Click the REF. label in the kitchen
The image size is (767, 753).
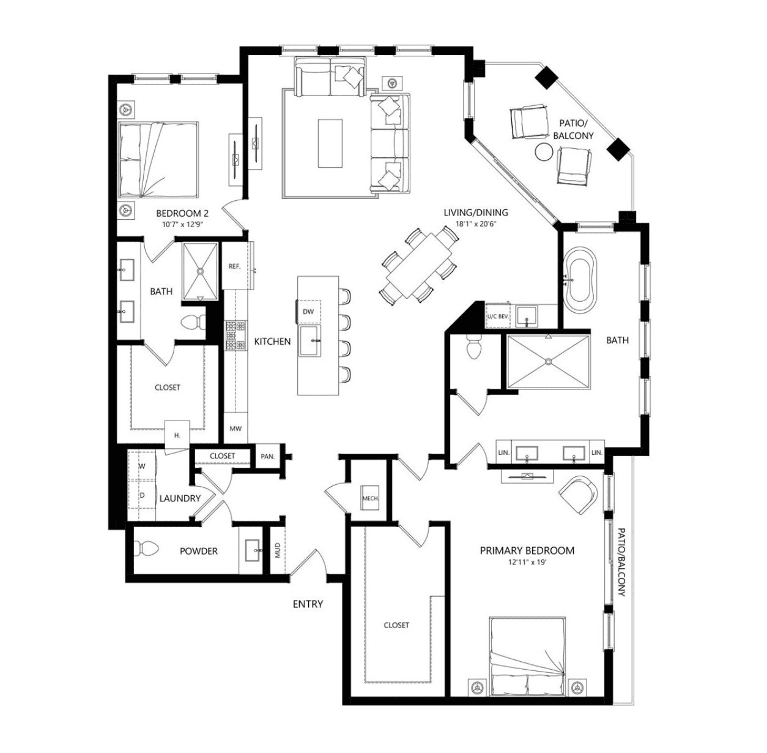click(234, 266)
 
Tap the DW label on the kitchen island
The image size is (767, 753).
click(308, 312)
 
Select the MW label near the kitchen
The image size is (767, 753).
click(235, 429)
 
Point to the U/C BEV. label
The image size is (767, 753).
click(497, 317)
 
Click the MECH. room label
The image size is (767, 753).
click(370, 498)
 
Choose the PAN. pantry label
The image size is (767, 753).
click(268, 457)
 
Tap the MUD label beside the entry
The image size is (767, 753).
click(278, 550)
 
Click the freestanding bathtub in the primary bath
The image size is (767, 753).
click(580, 280)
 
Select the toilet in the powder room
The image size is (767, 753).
click(146, 549)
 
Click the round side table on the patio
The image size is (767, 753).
click(543, 152)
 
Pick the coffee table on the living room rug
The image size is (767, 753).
click(330, 143)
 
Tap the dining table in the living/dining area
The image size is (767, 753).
click(419, 266)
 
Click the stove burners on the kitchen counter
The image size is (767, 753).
click(235, 336)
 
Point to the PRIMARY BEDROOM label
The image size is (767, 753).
click(527, 551)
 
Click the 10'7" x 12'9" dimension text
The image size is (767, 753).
click(183, 224)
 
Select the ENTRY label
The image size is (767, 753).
click(308, 604)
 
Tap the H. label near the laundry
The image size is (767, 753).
click(177, 435)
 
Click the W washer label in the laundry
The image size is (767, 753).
click(142, 466)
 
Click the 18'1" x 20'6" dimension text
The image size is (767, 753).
click(476, 224)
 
